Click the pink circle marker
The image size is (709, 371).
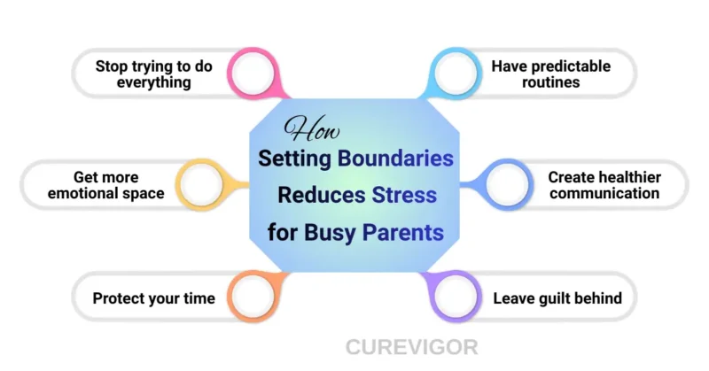[x=251, y=73]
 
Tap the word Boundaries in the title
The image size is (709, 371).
[x=394, y=160]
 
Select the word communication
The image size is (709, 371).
[x=604, y=193]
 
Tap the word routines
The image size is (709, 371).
[x=550, y=82]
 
